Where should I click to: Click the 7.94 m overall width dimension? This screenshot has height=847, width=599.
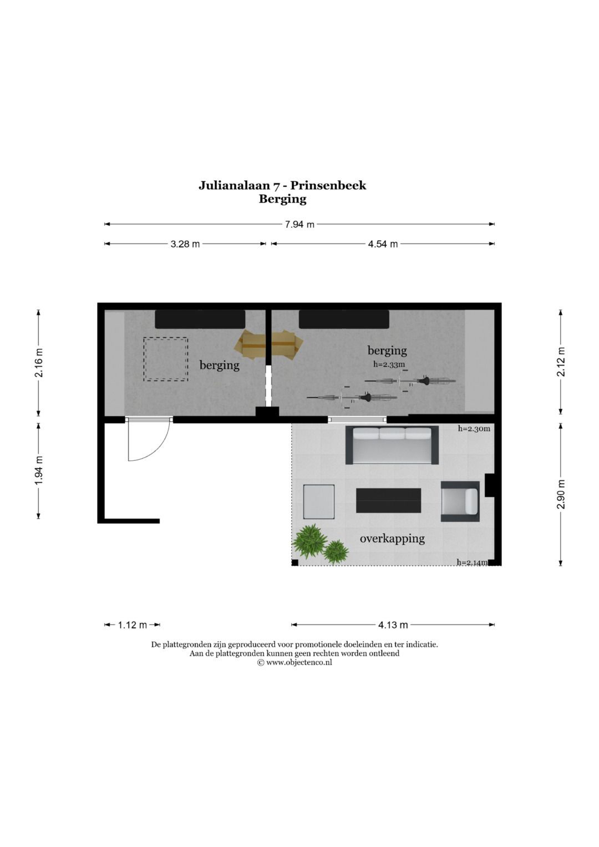(x=299, y=225)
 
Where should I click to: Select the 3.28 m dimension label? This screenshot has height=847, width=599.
(x=185, y=244)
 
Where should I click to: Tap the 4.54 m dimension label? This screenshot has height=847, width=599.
(x=383, y=244)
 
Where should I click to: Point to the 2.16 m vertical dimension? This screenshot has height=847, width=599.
(x=39, y=363)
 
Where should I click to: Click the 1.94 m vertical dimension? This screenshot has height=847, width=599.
(x=39, y=471)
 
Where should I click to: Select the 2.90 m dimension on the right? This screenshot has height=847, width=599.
(x=561, y=494)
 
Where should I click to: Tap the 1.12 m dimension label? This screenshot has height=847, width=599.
(x=132, y=625)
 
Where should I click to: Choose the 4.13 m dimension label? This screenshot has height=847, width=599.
(x=393, y=625)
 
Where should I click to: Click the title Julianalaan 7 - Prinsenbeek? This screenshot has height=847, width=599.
(x=282, y=185)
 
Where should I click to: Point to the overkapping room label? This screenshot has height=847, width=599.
(x=392, y=538)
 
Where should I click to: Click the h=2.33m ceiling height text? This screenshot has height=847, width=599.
(x=389, y=364)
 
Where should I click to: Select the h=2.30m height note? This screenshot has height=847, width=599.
(x=474, y=429)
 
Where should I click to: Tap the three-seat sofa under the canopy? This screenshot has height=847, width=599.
(x=392, y=445)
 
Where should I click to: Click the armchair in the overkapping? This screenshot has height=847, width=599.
(x=460, y=501)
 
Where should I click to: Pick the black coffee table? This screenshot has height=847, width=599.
(x=388, y=500)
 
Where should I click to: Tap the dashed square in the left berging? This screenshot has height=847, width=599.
(x=166, y=359)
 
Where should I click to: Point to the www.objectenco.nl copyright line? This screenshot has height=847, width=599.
(x=295, y=662)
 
